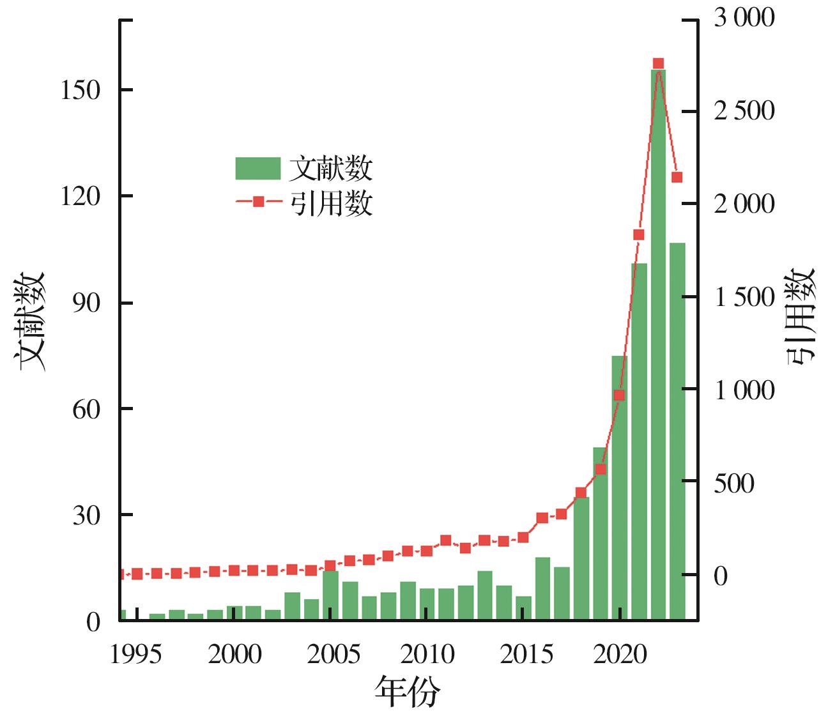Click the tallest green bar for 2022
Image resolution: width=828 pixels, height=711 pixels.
pos(658,345)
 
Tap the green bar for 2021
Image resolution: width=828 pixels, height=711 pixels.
pos(639,441)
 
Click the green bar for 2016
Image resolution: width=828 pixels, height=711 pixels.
pos(542,588)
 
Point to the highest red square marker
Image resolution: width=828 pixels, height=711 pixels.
pos(658,63)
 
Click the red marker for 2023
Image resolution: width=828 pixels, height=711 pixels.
pos(677,177)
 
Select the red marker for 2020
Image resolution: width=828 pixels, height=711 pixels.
pos(619,395)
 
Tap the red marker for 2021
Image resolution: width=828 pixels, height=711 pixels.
pos(639,234)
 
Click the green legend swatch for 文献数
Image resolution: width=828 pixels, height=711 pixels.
pos(258,169)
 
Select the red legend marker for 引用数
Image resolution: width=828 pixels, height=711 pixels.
pos(258,202)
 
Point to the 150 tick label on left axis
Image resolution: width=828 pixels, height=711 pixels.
pos(80,90)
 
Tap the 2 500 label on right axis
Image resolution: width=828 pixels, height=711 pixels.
pos(744,111)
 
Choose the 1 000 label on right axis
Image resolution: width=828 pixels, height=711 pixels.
pos(744,390)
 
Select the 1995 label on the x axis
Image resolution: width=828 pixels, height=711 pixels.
pos(135,654)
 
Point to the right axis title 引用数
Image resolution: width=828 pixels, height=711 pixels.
pos(801,316)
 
